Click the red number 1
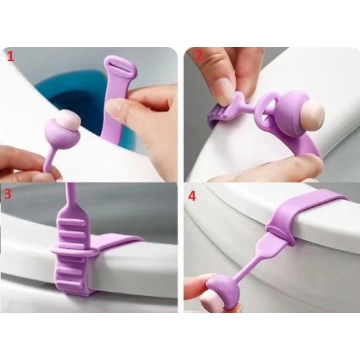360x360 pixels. click(10, 57)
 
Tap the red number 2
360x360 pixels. click(200, 56)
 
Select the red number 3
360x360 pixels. click(8, 194)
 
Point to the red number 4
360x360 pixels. click(192, 196)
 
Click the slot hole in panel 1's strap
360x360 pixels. click(120, 64)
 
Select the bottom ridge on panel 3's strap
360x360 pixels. click(70, 282)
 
